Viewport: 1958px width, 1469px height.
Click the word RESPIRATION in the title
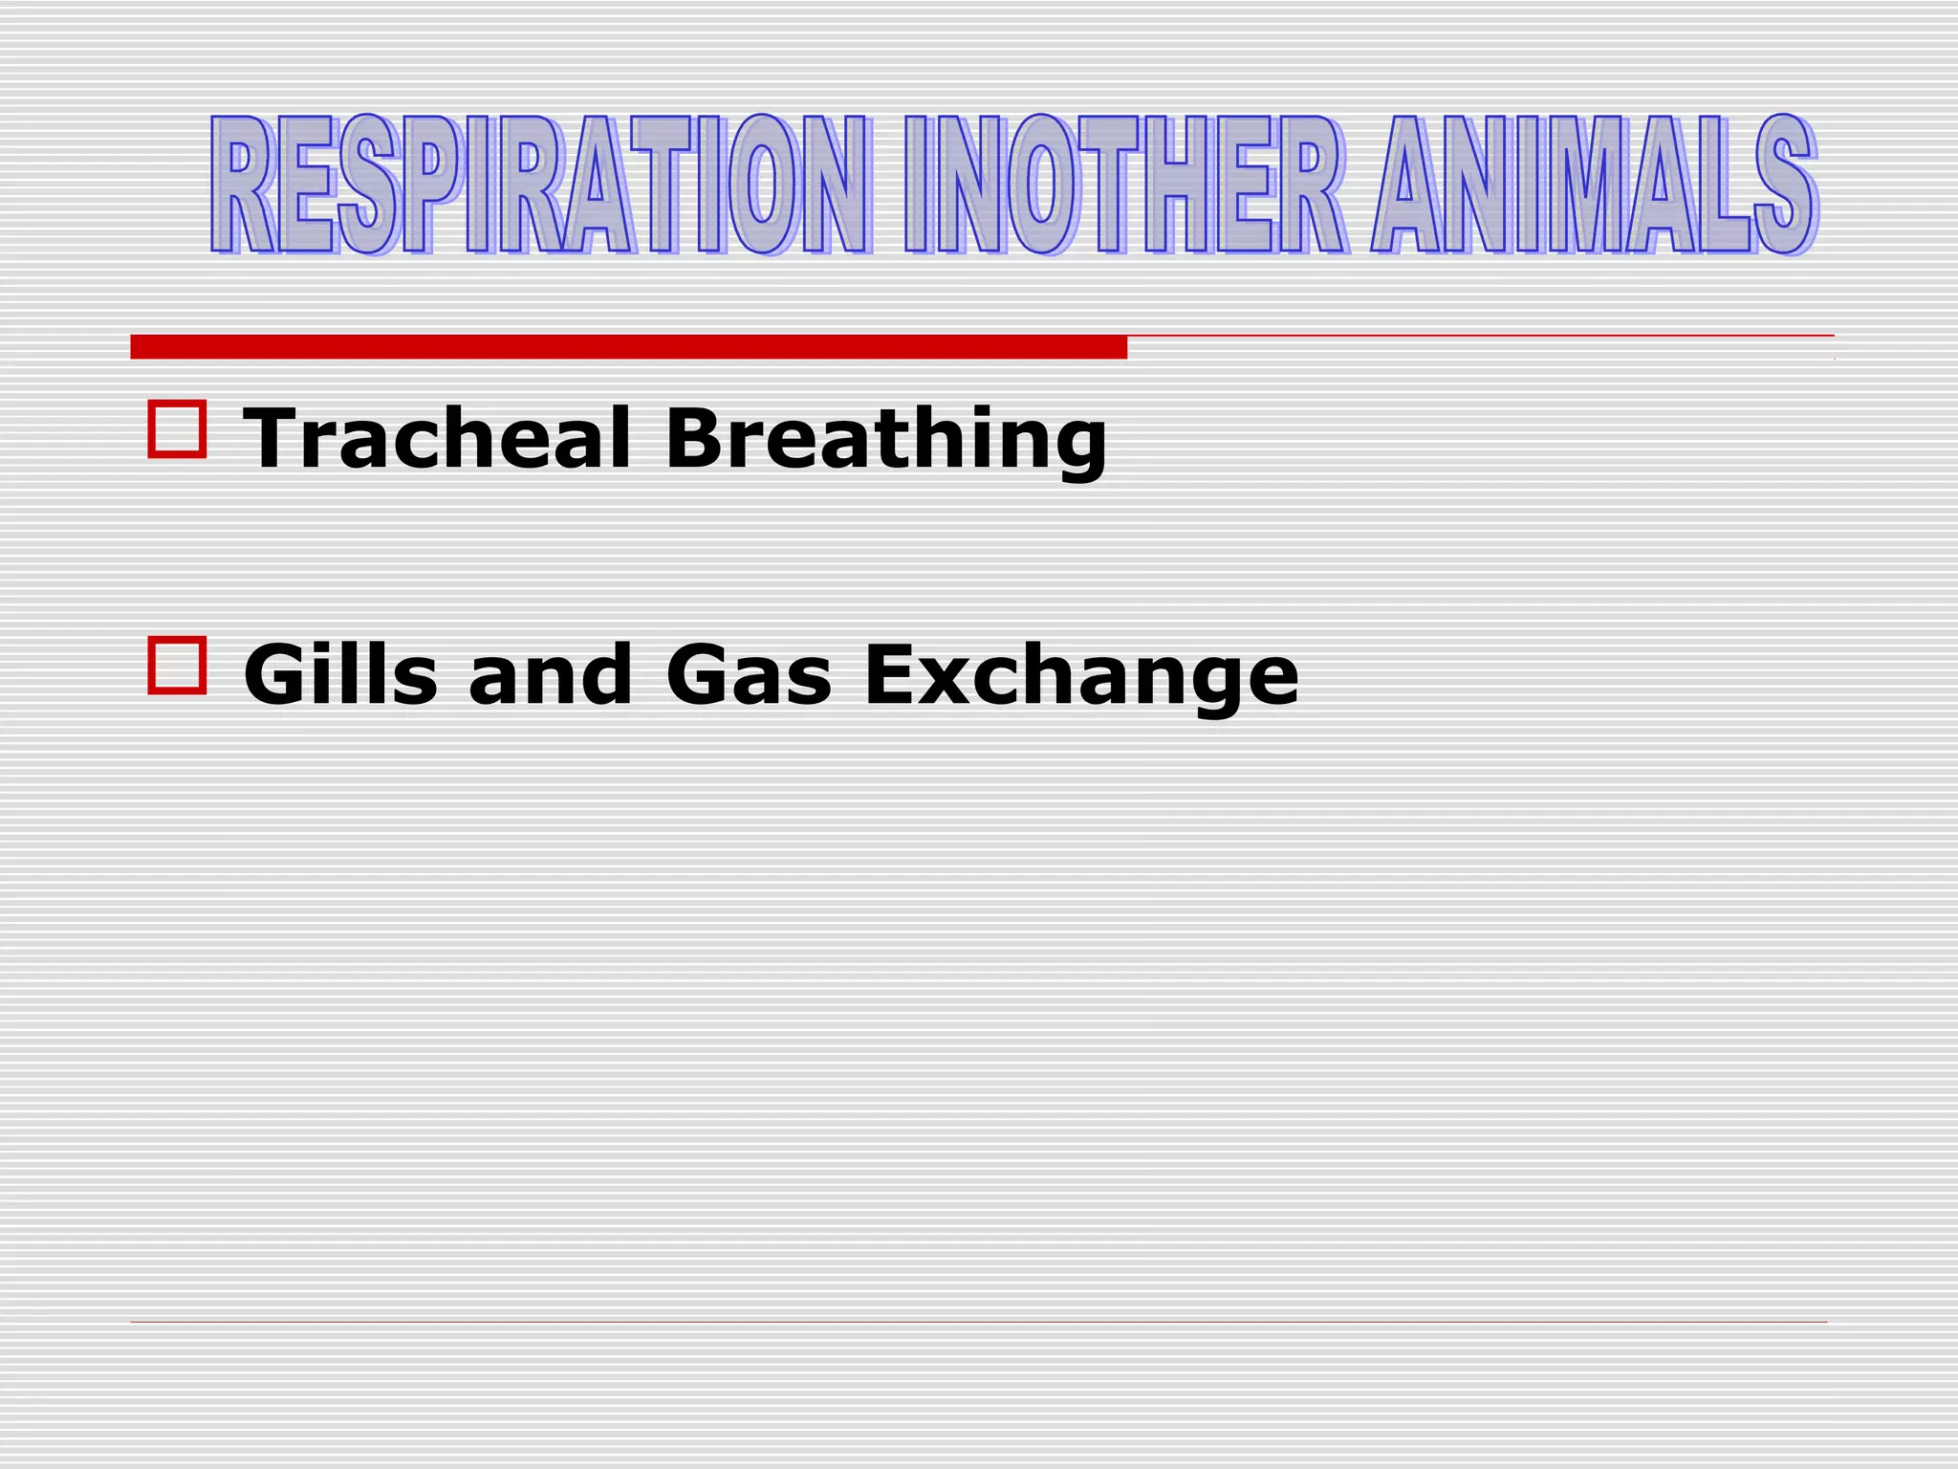point(540,185)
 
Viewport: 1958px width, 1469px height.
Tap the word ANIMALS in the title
point(1594,185)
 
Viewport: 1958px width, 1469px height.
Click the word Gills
point(340,673)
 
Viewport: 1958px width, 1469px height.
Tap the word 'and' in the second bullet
point(550,673)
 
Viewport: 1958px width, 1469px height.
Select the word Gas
point(749,673)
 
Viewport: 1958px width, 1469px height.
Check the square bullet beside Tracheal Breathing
point(177,429)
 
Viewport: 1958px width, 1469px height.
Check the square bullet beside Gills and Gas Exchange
point(177,665)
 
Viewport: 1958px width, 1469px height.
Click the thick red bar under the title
point(628,347)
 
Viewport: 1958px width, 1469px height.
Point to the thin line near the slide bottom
point(978,1322)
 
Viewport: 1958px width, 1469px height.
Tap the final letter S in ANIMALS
point(1784,185)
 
